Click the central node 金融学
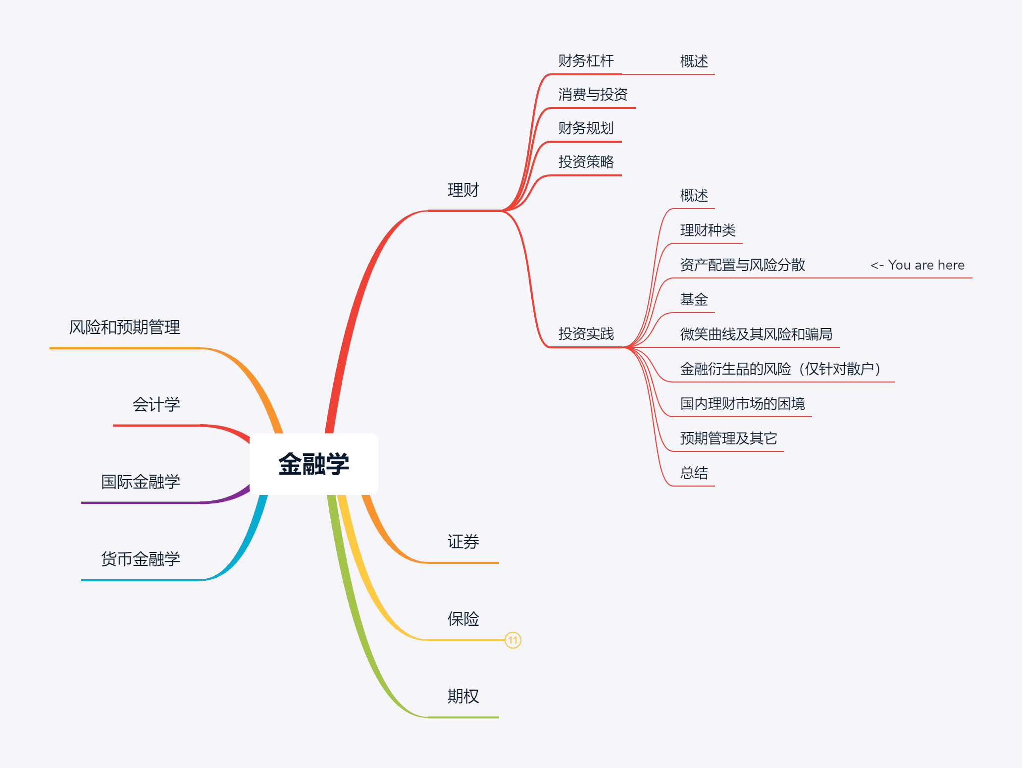point(314,464)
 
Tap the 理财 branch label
point(463,190)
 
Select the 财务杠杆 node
point(586,61)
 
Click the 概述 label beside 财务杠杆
point(694,61)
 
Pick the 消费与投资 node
point(593,95)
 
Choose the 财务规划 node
point(586,128)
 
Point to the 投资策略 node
point(586,162)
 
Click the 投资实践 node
point(586,334)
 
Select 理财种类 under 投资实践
point(708,230)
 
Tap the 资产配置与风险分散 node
point(742,265)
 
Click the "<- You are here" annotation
point(917,265)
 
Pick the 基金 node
point(694,300)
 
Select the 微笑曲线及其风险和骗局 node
point(756,334)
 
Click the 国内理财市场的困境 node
point(742,404)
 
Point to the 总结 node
point(694,473)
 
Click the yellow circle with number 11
point(513,640)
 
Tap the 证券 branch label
point(463,542)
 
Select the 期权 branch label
point(463,697)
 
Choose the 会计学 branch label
point(156,405)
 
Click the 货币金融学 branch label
point(140,559)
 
